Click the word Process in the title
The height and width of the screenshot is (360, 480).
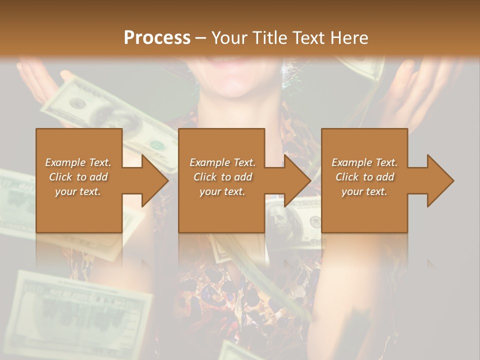(x=157, y=37)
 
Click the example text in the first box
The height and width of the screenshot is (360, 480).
(x=78, y=177)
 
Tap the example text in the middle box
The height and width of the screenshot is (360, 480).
(x=222, y=177)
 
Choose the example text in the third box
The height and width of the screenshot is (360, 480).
(x=364, y=177)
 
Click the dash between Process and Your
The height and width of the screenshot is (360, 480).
(x=201, y=37)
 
